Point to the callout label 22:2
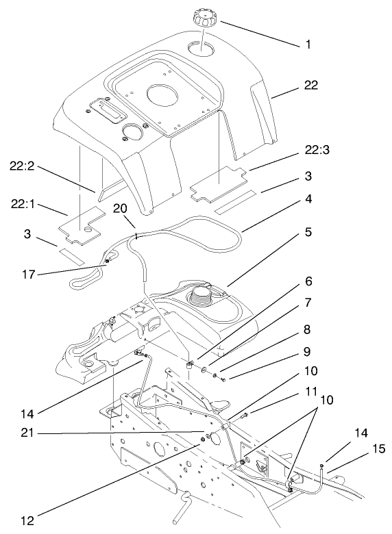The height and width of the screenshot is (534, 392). (25, 165)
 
